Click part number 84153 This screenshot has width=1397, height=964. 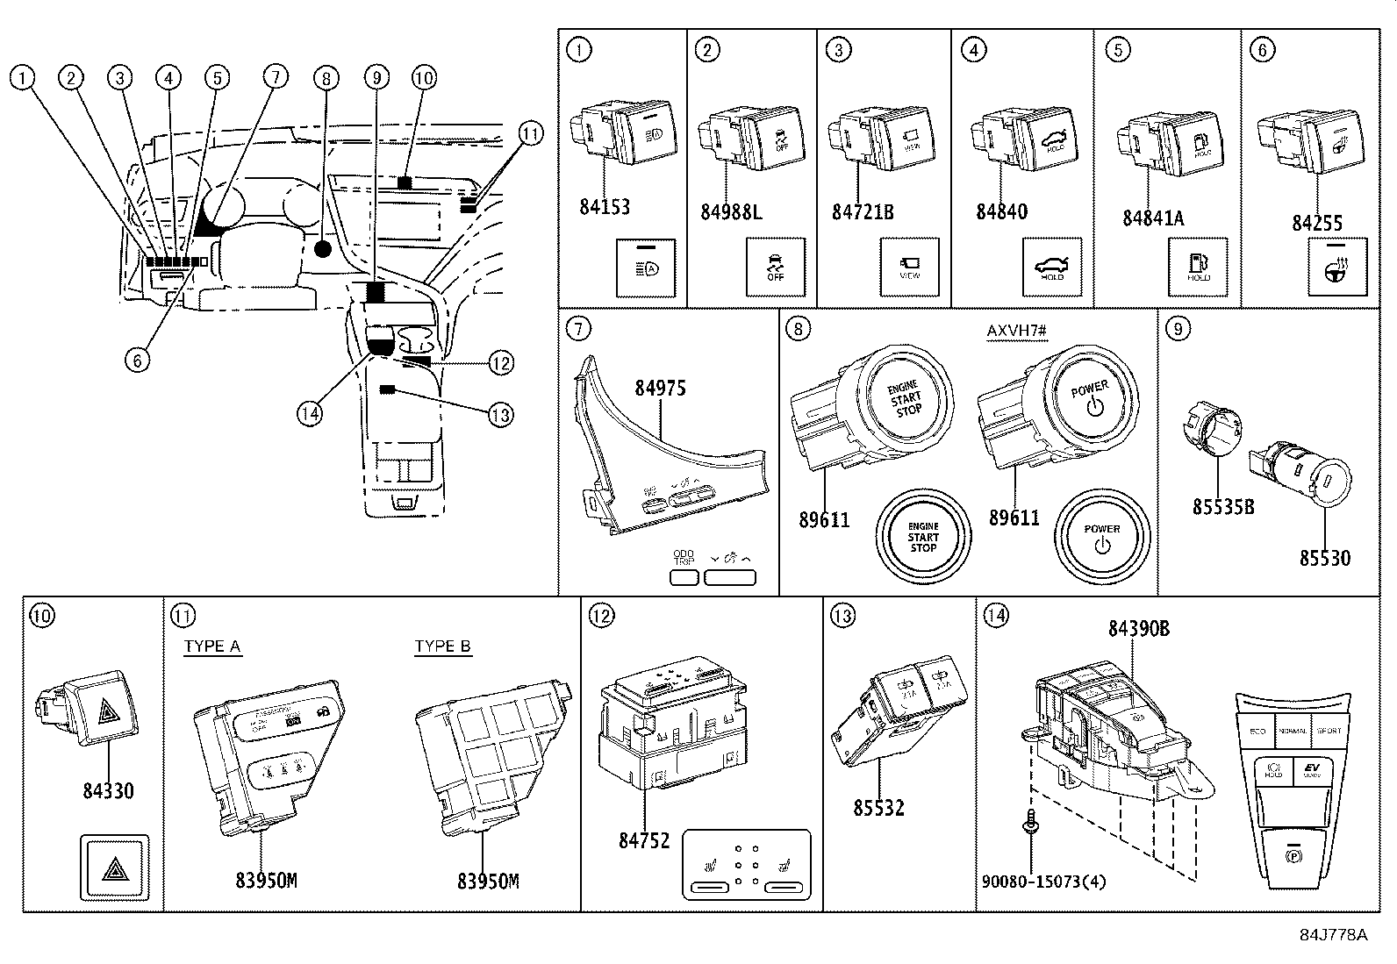pyautogui.click(x=604, y=207)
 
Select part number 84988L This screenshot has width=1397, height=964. pyautogui.click(x=731, y=212)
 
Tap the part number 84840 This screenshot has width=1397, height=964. pyautogui.click(x=1001, y=212)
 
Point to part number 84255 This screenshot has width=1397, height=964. pyautogui.click(x=1316, y=224)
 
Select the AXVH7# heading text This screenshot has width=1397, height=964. pyautogui.click(x=1017, y=331)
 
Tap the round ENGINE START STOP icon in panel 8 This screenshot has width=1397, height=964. pyautogui.click(x=922, y=537)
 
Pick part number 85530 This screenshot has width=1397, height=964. pyautogui.click(x=1325, y=558)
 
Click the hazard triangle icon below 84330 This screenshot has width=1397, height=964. pyautogui.click(x=115, y=868)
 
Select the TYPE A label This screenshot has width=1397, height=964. pyautogui.click(x=212, y=647)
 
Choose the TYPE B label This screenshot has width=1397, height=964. pyautogui.click(x=442, y=647)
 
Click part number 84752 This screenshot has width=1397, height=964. pyautogui.click(x=644, y=840)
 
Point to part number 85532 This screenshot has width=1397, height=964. pyautogui.click(x=878, y=807)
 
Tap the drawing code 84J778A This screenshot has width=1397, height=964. pyautogui.click(x=1333, y=935)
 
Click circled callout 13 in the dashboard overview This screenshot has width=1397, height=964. pyautogui.click(x=500, y=414)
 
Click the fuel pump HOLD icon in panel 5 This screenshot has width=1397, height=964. pyautogui.click(x=1198, y=267)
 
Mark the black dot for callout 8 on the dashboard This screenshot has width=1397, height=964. pyautogui.click(x=323, y=249)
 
